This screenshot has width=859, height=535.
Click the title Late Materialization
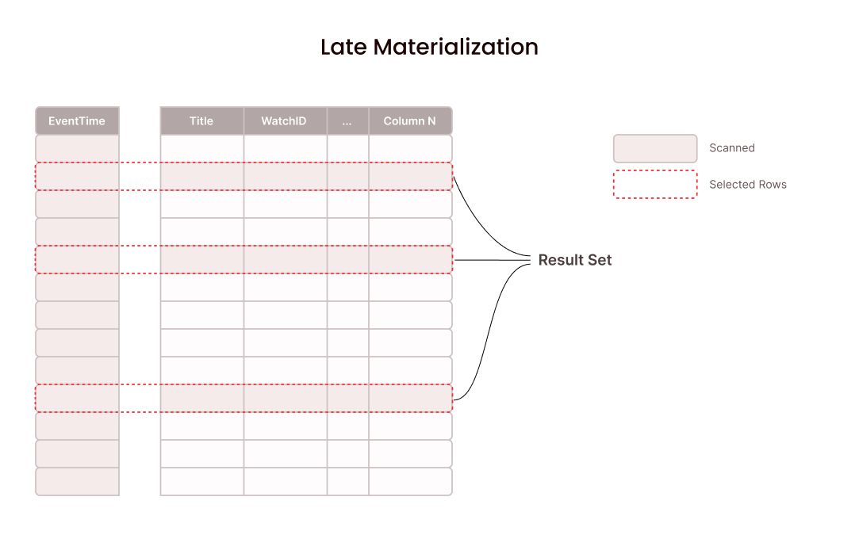(429, 47)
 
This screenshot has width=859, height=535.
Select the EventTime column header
(77, 121)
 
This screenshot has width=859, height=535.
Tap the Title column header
(201, 121)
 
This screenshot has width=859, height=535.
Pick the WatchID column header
(284, 121)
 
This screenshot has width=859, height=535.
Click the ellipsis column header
(347, 121)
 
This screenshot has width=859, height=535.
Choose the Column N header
(409, 121)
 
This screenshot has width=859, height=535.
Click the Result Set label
(575, 260)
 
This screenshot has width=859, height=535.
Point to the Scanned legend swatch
(654, 148)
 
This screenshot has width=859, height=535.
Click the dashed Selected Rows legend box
(654, 185)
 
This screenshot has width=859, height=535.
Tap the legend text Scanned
(731, 148)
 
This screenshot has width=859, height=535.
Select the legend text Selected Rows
(747, 185)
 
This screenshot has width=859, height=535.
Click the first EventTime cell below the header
(77, 148)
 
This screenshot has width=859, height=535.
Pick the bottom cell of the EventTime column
(77, 481)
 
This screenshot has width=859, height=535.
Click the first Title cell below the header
(201, 148)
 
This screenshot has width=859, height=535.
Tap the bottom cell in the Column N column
(409, 481)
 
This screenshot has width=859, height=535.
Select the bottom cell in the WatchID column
(284, 481)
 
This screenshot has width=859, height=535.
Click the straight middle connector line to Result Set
(492, 260)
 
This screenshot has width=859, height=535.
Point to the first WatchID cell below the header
(284, 148)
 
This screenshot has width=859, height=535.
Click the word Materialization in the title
(456, 47)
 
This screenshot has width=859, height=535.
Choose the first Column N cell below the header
(409, 148)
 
